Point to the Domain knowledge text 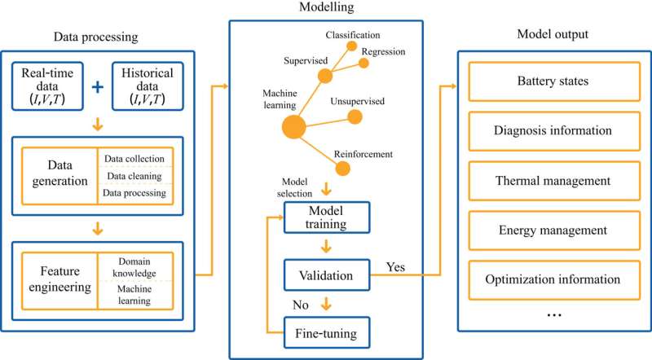tap(134, 266)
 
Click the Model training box tap(326, 217)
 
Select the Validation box tap(326, 275)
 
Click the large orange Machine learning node tap(294, 127)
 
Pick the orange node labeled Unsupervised tap(354, 116)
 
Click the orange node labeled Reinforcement tap(343, 169)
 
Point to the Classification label tap(353, 34)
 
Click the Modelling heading tap(326, 8)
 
